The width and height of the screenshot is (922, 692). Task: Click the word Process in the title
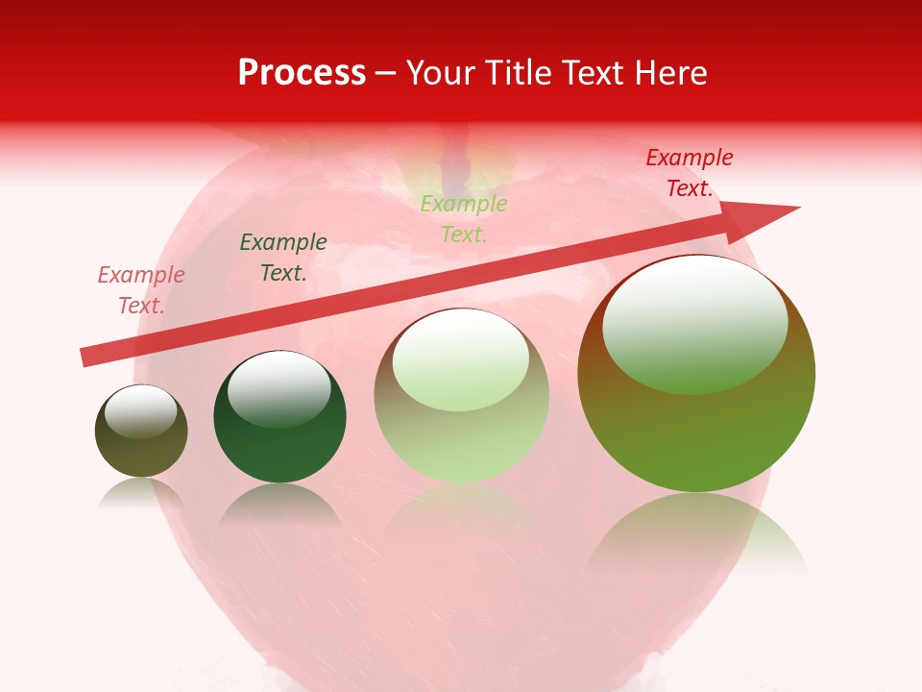click(x=302, y=73)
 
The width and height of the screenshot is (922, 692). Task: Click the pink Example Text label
click(x=141, y=290)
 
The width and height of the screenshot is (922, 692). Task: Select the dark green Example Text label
click(x=283, y=258)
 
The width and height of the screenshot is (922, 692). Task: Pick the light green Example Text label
click(x=464, y=219)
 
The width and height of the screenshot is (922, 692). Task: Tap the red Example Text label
click(x=689, y=173)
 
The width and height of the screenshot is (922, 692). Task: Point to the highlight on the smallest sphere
click(x=140, y=411)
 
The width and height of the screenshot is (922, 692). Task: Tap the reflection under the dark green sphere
click(x=279, y=505)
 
